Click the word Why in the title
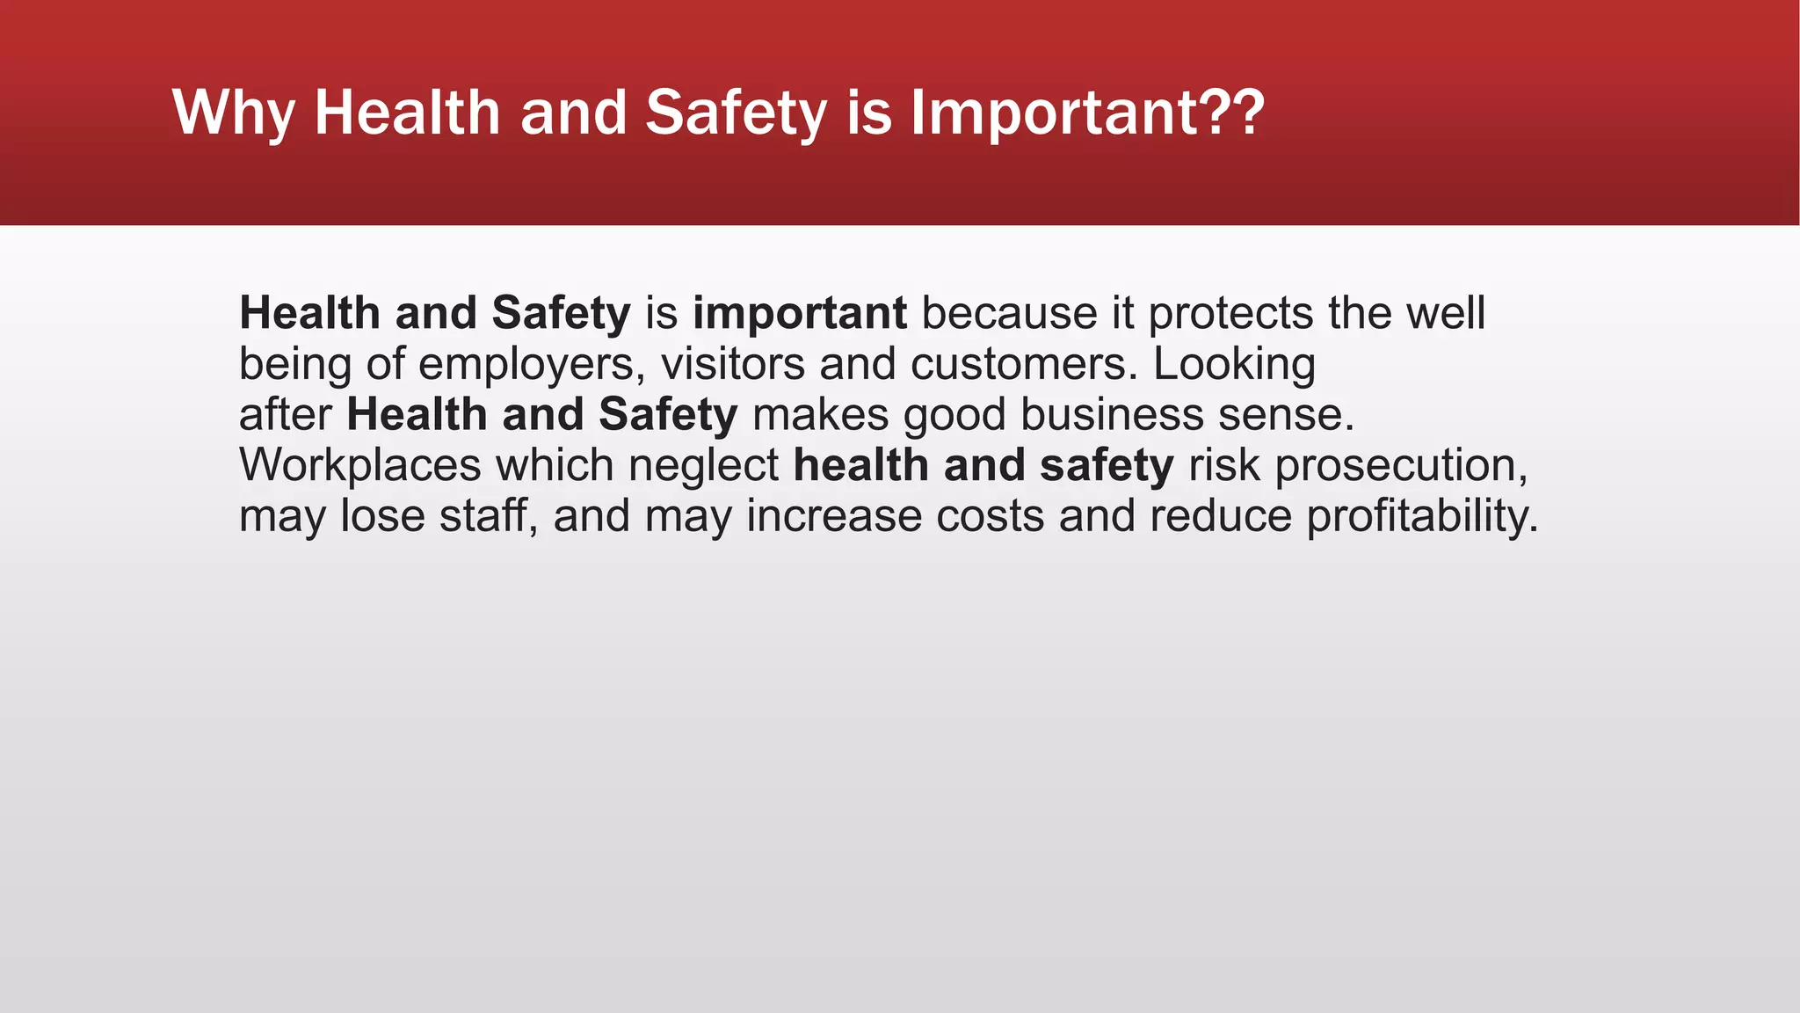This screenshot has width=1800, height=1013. point(234,114)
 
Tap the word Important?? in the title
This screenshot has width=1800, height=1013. point(1087,114)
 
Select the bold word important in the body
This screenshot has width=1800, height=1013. point(799,314)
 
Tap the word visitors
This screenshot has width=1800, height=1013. point(732,365)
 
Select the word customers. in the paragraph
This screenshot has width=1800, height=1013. point(1024,365)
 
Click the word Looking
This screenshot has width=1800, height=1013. point(1234,365)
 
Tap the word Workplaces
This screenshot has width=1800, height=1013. point(359,466)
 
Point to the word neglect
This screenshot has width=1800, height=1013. point(703,466)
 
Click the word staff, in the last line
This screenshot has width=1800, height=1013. point(489,516)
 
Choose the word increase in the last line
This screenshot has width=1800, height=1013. point(833,516)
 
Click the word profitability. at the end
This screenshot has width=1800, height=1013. point(1422,516)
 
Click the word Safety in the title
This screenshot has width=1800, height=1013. point(736,114)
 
